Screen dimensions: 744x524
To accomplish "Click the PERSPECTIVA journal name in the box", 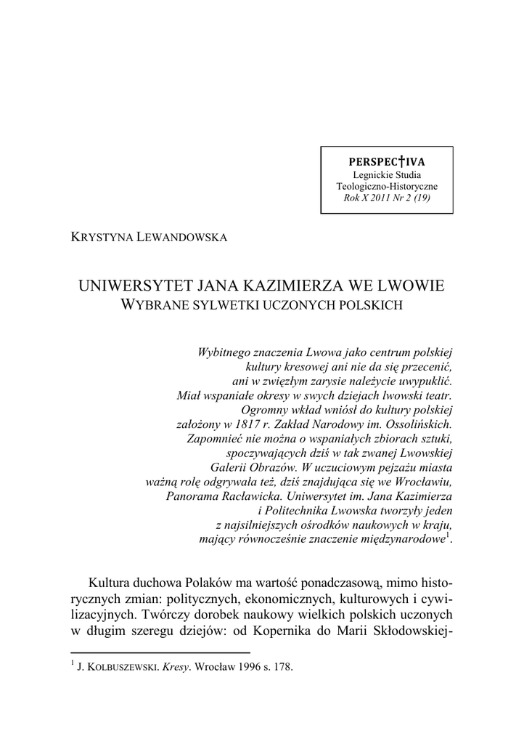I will click(387, 161).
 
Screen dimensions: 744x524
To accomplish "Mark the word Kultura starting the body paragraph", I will click(112, 583).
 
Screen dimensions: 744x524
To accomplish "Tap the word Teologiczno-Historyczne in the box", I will click(387, 186).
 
